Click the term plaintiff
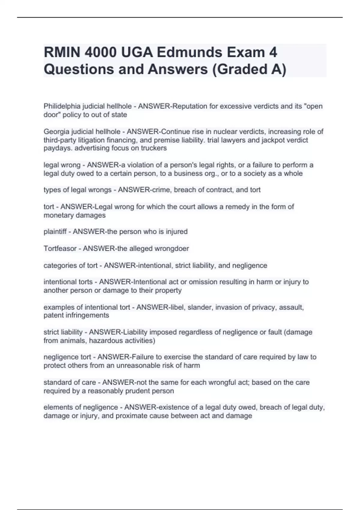pyautogui.click(x=55, y=232)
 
